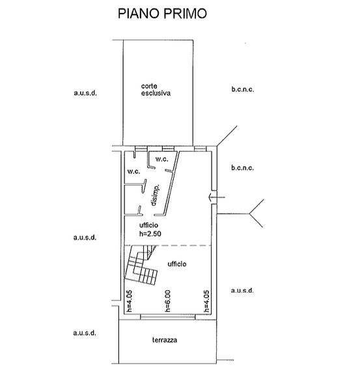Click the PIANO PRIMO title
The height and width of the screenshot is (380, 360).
coord(162,14)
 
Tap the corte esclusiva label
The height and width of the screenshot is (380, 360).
coord(156,90)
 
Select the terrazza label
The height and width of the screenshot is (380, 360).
coord(165,340)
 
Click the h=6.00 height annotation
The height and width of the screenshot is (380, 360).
coord(167,301)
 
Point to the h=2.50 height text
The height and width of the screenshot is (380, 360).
coord(150,233)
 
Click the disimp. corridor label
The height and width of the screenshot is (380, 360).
coord(155,195)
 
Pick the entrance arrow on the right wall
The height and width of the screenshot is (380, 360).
coord(217,197)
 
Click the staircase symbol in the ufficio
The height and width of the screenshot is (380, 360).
coord(141,265)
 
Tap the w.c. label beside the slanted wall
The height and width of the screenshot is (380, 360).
coord(161,159)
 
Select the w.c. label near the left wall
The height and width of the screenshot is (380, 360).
coord(133,171)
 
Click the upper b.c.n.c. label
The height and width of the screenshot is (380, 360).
coord(243,89)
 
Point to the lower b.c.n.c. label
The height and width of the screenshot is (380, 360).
coord(243,168)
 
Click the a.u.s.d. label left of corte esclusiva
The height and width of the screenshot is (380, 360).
coord(85,93)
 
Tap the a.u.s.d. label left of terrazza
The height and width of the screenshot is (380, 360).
coord(85,332)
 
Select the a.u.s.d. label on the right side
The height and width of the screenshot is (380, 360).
coord(242,290)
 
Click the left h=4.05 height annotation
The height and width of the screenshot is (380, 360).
coord(130,301)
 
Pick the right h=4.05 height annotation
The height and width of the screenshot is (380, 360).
coord(206,301)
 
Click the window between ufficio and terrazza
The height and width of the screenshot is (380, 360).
coord(168,317)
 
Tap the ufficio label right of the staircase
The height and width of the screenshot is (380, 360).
coord(177,264)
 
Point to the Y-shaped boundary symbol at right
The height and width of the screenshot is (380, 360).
coord(249,214)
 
